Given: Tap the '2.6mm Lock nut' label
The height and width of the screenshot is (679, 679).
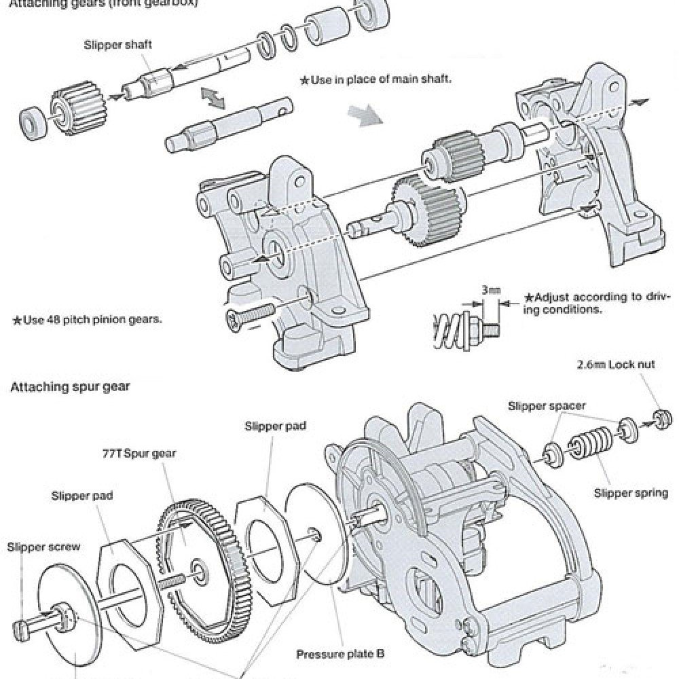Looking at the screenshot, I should coord(615,364).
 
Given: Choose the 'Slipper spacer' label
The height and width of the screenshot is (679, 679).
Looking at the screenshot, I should coord(547,406).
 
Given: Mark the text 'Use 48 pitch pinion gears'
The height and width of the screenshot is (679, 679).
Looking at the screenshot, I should coord(88,318).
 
